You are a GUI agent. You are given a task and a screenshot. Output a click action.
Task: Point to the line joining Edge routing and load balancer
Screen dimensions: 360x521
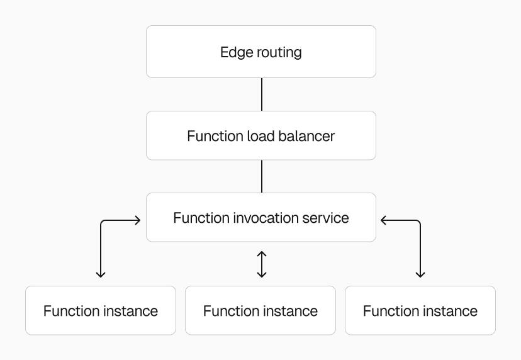(x=261, y=94)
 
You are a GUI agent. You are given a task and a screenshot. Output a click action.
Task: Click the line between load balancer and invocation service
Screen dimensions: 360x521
(x=261, y=176)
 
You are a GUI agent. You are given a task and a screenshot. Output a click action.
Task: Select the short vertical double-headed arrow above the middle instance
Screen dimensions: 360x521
(x=262, y=264)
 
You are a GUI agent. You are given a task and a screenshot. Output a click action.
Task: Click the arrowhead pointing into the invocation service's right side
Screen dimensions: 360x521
(x=383, y=220)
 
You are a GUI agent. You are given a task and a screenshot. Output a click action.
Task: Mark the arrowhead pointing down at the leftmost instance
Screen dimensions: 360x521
(x=101, y=274)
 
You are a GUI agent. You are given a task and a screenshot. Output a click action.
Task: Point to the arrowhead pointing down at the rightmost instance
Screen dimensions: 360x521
(x=420, y=274)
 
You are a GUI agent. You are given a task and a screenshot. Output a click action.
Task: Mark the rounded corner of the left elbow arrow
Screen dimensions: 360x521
(x=103, y=222)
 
